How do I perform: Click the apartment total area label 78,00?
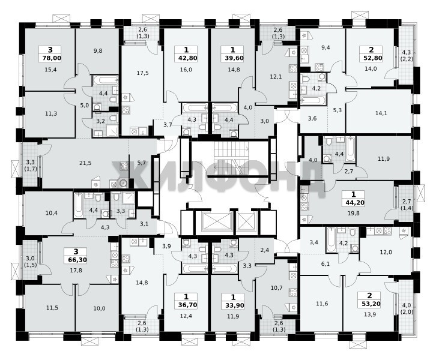pyautogui.click(x=50, y=58)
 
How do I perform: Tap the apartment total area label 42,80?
pyautogui.click(x=186, y=58)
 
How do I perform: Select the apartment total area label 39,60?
pyautogui.click(x=233, y=58)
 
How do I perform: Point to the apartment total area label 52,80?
pyautogui.click(x=371, y=58)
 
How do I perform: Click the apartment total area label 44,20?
pyautogui.click(x=353, y=203)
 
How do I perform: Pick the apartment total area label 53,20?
pyautogui.click(x=370, y=304)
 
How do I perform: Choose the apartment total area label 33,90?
pyautogui.click(x=233, y=305)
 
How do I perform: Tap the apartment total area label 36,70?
pyautogui.click(x=186, y=305)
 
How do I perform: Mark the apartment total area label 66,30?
pyautogui.click(x=76, y=260)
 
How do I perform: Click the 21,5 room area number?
pyautogui.click(x=85, y=163)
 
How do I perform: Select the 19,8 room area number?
pyautogui.click(x=353, y=214)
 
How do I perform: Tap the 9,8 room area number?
pyautogui.click(x=98, y=51)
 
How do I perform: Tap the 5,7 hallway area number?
pyautogui.click(x=142, y=163)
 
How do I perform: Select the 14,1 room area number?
pyautogui.click(x=381, y=113)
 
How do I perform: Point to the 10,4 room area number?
pyautogui.click(x=52, y=214)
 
